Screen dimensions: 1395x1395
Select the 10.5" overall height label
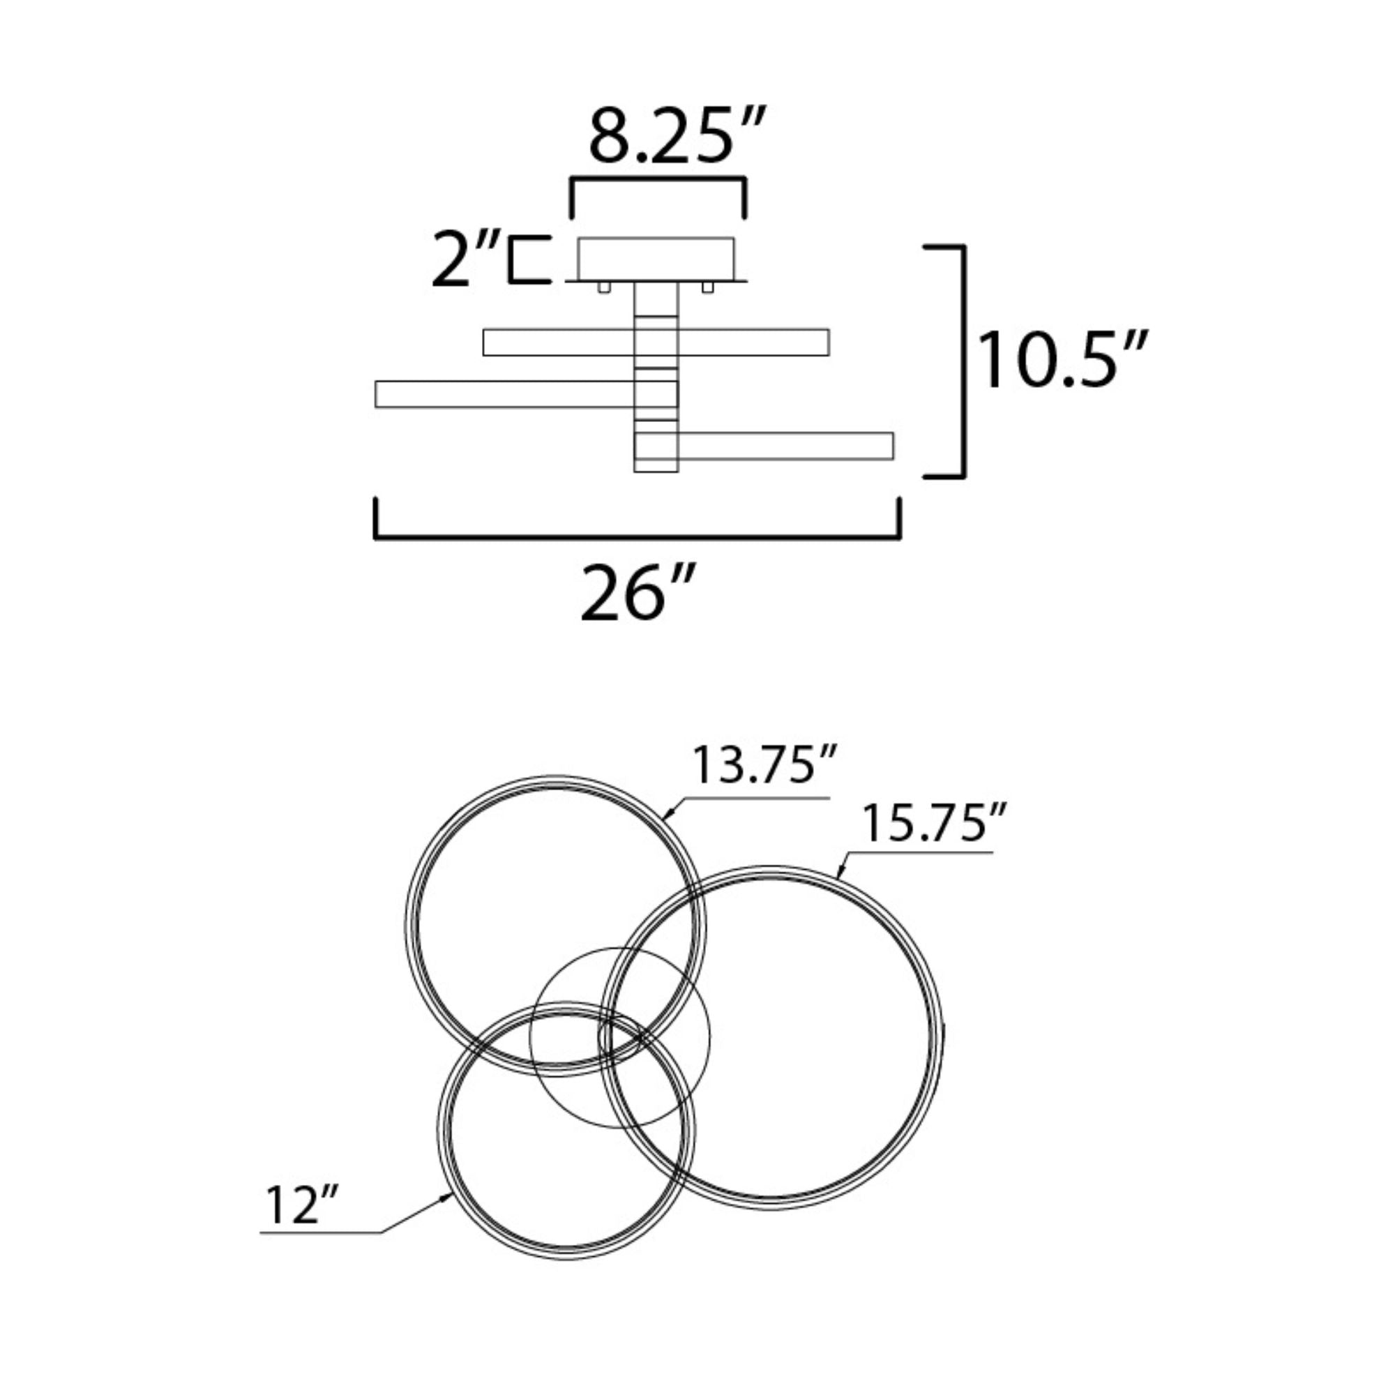point(1061,360)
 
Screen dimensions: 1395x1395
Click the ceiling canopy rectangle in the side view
point(656,259)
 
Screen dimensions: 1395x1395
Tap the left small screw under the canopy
point(603,287)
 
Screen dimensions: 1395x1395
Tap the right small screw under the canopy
point(707,287)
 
